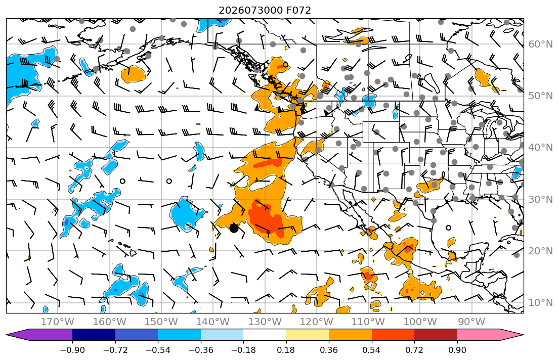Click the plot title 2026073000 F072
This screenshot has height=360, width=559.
pyautogui.click(x=265, y=10)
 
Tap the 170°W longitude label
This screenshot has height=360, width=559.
pyautogui.click(x=58, y=322)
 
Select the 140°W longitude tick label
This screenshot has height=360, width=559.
pyautogui.click(x=213, y=322)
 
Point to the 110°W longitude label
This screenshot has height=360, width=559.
pyautogui.click(x=368, y=322)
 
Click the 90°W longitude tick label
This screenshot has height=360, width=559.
pyautogui.click(x=471, y=322)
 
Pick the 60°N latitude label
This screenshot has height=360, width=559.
pyautogui.click(x=540, y=44)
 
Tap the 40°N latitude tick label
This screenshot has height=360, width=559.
pyautogui.click(x=540, y=147)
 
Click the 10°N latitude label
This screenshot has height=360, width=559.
pyautogui.click(x=540, y=303)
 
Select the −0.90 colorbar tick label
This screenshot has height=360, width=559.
pyautogui.click(x=72, y=350)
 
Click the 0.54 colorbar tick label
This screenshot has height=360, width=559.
pyautogui.click(x=371, y=350)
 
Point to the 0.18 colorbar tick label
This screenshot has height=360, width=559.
pyautogui.click(x=286, y=350)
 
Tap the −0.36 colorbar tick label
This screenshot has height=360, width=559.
pyautogui.click(x=201, y=350)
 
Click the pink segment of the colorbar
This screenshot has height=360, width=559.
pyautogui.click(x=479, y=335)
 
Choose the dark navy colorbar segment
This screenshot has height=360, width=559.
pyautogui.click(x=94, y=335)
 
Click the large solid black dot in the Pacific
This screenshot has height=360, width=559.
pyautogui.click(x=234, y=228)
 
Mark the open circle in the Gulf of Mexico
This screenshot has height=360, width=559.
pyautogui.click(x=449, y=228)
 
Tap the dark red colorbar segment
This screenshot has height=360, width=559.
pyautogui.click(x=436, y=335)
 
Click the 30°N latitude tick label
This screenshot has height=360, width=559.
pyautogui.click(x=540, y=199)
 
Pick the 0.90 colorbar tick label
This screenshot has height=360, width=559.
pyautogui.click(x=457, y=350)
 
